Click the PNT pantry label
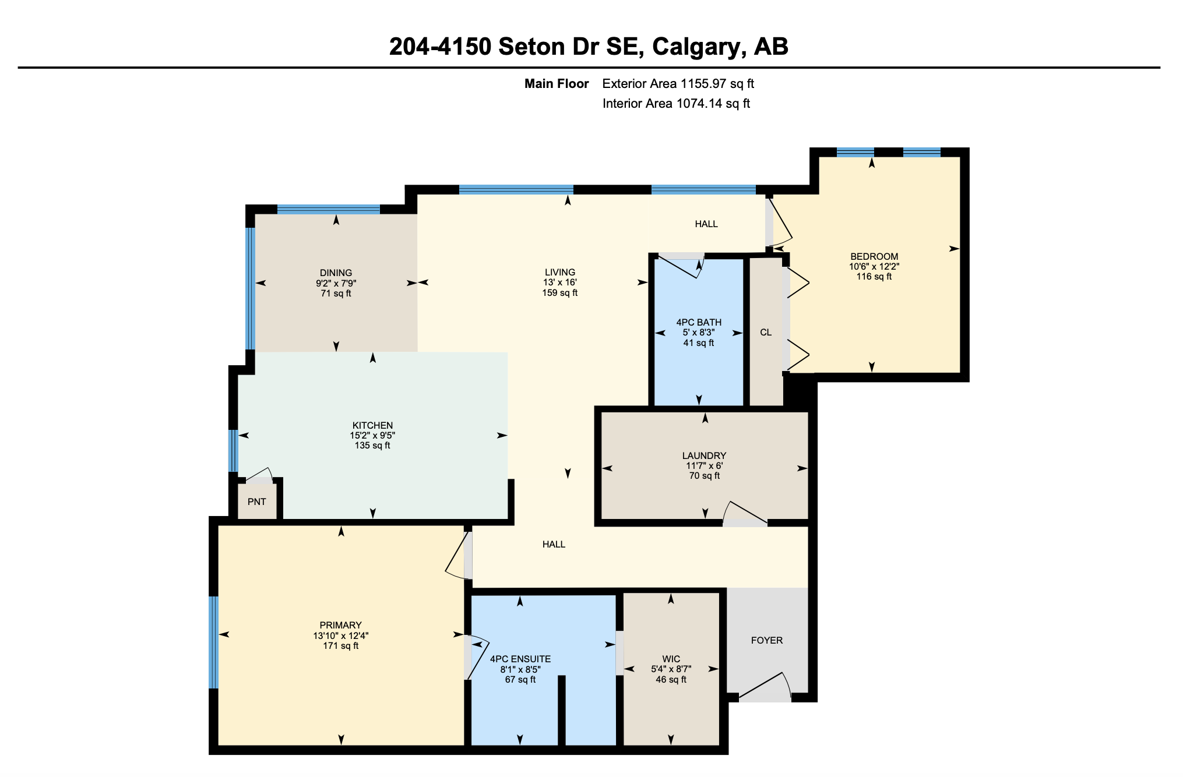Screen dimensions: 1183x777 pos(257,501)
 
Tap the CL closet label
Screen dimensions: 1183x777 pos(766,332)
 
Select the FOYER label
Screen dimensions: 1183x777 pos(767,640)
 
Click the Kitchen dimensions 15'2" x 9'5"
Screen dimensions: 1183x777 pos(372,435)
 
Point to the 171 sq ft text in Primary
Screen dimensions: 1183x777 pos(341,645)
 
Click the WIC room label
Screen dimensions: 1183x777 pos(671,659)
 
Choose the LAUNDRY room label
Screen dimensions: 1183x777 pos(704,455)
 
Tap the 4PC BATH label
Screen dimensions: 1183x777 pos(699,322)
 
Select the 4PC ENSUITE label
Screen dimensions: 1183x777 pos(520,659)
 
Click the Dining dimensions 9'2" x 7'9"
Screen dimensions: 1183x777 pos(336,283)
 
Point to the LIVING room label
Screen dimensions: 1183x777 pos(560,272)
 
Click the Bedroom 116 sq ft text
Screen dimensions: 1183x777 pos(874,277)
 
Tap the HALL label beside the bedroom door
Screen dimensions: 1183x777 pos(706,224)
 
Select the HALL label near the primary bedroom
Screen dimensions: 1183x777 pos(554,544)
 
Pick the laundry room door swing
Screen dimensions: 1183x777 pos(745,513)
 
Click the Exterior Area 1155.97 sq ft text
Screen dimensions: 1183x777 pos(678,83)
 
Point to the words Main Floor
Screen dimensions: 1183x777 pos(557,83)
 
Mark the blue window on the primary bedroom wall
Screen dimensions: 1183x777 pos(213,642)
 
